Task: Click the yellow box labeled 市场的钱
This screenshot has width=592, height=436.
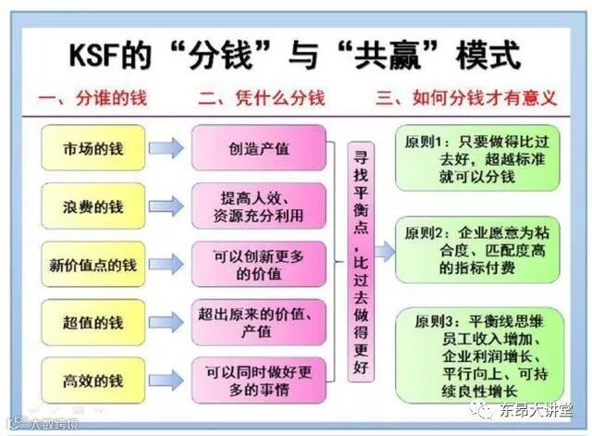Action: coord(93,148)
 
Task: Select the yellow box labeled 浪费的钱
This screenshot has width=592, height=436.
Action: coord(93,206)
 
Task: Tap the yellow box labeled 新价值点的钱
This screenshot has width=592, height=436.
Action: coord(93,265)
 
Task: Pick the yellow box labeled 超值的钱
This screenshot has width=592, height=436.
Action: coord(93,322)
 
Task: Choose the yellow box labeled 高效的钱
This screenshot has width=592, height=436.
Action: coord(93,380)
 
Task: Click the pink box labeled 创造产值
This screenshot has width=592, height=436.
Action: coord(259,148)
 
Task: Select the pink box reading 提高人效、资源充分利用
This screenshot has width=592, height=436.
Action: coord(259,206)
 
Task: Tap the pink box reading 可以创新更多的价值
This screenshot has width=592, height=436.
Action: coord(259,265)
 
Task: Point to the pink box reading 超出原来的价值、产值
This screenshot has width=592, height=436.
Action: coord(259,322)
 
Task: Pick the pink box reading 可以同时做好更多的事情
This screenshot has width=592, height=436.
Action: coord(259,380)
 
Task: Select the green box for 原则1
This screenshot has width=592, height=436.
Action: coord(477,157)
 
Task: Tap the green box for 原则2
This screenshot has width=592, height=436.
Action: coord(477,248)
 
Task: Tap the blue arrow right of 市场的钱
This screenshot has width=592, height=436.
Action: coord(167,148)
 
